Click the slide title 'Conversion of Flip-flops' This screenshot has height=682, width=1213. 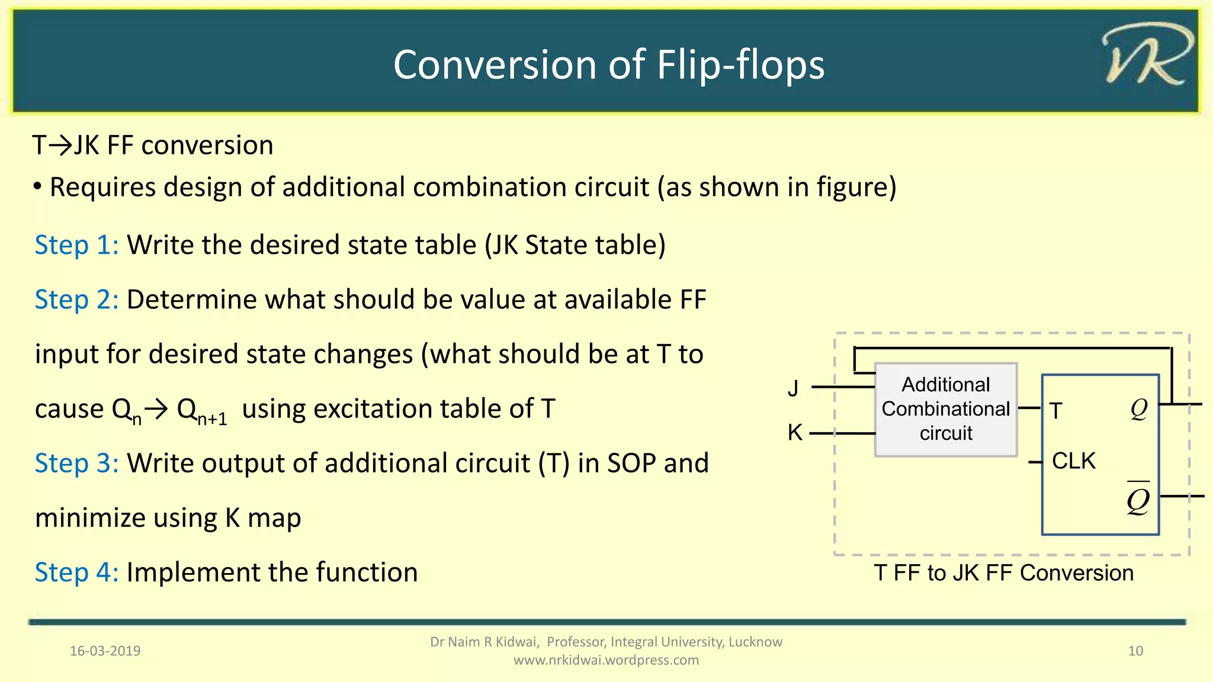pos(608,65)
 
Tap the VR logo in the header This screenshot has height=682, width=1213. pos(1147,55)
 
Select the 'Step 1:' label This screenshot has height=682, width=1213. pos(76,245)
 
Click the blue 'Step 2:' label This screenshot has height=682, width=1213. pos(76,300)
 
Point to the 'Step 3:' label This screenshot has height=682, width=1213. pos(76,464)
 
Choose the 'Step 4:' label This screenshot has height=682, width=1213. pos(76,572)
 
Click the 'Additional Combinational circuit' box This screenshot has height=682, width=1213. pos(945,409)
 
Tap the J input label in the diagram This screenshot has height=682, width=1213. pos(793,388)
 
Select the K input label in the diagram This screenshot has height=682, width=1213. pos(795,433)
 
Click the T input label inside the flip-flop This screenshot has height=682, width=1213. pos(1055,411)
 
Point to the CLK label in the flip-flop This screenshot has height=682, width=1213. pos(1073,461)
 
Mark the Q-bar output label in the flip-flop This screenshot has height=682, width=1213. pos(1138,499)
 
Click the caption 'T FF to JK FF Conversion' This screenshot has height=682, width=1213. pos(1003,573)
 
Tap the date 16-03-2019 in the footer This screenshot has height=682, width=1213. pos(105,651)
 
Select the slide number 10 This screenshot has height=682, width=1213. pos(1135,651)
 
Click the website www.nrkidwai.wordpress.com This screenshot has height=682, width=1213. pos(606,660)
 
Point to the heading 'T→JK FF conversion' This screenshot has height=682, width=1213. pos(153,146)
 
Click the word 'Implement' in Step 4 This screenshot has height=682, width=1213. pos(193,572)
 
